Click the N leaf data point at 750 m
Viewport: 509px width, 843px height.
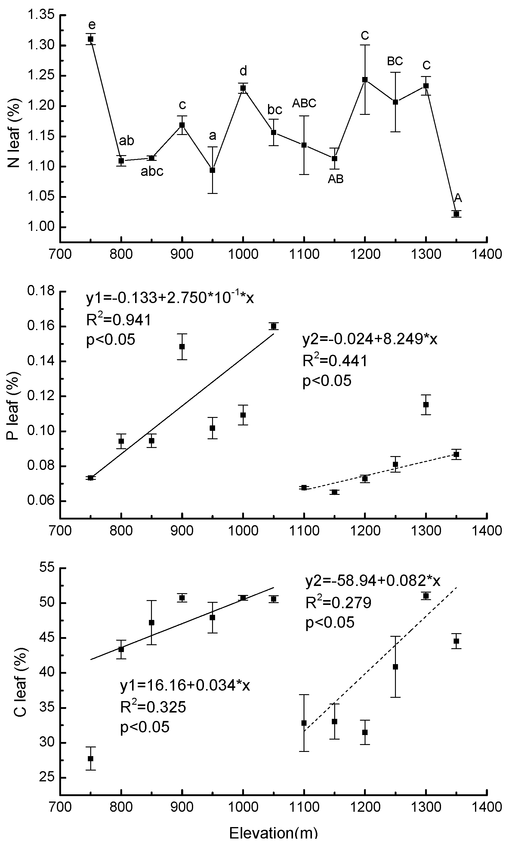pos(90,39)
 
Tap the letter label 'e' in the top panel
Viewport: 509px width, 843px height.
pos(92,25)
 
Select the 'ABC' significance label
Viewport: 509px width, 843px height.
pos(304,103)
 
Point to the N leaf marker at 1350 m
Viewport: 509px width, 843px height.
pos(456,214)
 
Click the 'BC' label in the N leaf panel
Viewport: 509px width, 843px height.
pos(395,61)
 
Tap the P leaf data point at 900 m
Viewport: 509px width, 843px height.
pos(182,347)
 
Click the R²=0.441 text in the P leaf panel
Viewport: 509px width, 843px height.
pos(335,360)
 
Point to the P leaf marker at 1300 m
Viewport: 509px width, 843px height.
pos(426,404)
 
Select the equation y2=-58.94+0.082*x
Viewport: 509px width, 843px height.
pos(372,581)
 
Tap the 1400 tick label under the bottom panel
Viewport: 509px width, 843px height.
pos(486,807)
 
